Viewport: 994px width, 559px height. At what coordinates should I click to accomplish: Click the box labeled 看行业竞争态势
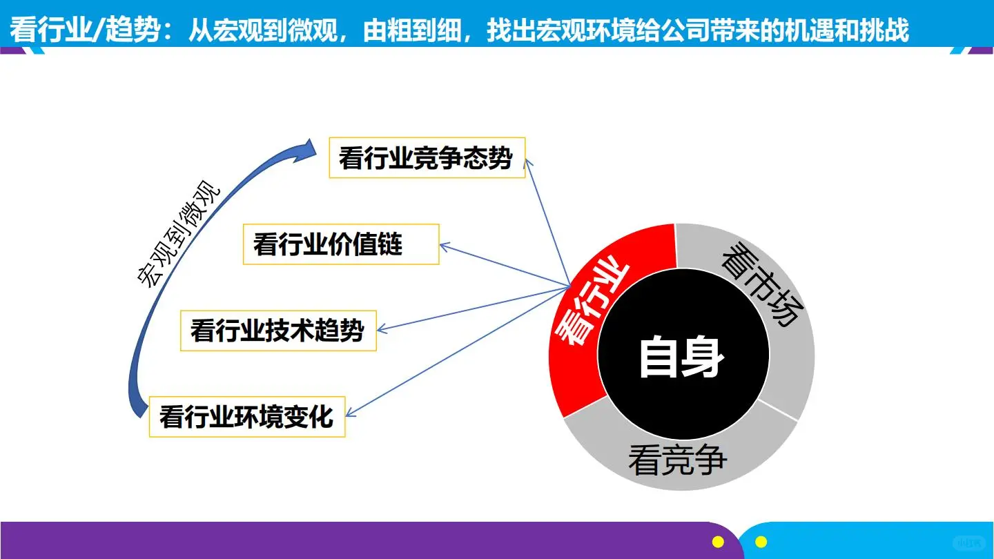[x=427, y=158]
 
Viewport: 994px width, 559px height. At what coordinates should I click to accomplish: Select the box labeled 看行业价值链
[x=340, y=244]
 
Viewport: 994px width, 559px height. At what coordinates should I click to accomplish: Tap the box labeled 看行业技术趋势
[x=278, y=331]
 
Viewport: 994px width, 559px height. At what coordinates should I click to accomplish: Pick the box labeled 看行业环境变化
[x=246, y=417]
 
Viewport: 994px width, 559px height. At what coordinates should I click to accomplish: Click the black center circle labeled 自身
[x=682, y=357]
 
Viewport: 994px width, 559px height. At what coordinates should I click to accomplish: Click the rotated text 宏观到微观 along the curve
[x=178, y=235]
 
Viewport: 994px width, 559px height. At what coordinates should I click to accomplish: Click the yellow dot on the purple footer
[x=718, y=542]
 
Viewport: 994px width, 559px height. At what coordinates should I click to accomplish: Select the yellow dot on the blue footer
[x=761, y=542]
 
